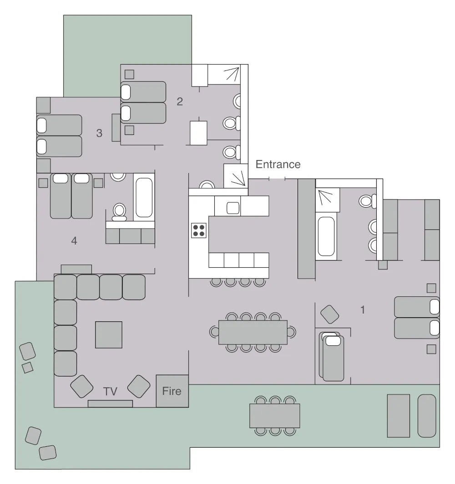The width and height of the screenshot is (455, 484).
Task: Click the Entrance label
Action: (278, 164)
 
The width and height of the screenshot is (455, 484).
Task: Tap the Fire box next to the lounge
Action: (172, 391)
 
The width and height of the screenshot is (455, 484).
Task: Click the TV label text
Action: (110, 392)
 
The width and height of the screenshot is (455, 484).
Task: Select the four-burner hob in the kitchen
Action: (198, 230)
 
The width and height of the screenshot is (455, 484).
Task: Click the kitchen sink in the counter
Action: (233, 208)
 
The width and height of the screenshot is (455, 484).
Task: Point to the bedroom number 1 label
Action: (363, 309)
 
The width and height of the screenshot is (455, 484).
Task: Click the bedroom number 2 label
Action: (180, 101)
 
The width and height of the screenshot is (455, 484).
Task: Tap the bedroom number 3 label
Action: (99, 133)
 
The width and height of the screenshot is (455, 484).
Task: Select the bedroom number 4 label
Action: (74, 241)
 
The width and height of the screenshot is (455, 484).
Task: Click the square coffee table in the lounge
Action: (109, 335)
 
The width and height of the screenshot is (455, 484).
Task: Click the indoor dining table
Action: (253, 332)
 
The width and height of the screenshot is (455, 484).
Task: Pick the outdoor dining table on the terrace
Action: (275, 416)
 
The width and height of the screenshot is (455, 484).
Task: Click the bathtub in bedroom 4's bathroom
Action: (144, 197)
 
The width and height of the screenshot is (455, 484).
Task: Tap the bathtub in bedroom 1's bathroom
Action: (326, 236)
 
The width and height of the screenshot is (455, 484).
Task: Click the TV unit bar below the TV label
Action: (110, 404)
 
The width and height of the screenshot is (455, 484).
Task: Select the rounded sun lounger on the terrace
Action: (427, 416)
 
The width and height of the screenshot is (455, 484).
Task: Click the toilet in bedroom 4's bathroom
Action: (120, 211)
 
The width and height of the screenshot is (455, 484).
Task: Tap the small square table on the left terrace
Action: (28, 367)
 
